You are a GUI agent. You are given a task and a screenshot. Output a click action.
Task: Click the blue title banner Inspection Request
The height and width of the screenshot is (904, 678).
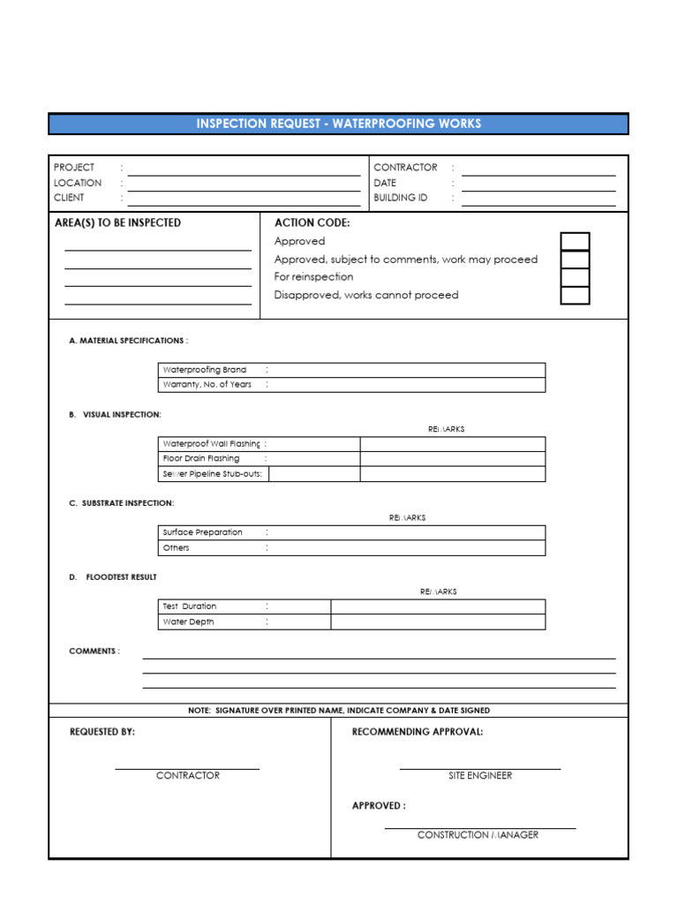click(338, 124)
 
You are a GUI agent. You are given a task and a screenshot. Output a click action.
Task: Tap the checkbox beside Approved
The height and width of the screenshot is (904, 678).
click(575, 242)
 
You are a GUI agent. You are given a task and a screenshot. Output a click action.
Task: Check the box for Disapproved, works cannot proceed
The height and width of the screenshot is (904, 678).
click(575, 296)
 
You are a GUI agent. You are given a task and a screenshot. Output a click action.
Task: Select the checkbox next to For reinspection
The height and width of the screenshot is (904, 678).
click(575, 277)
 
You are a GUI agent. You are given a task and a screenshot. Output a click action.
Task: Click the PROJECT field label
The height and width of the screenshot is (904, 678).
click(74, 168)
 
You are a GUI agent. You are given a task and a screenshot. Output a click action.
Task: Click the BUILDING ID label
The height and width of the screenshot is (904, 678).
click(400, 198)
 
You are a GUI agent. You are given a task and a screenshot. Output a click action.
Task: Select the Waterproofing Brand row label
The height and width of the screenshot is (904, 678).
click(205, 370)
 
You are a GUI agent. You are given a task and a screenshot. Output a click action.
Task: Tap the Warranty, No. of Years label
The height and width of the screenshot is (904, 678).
click(207, 385)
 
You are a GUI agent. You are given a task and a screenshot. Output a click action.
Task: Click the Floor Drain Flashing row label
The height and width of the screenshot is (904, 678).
click(201, 459)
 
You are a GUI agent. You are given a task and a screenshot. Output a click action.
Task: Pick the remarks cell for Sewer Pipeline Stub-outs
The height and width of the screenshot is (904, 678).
click(452, 474)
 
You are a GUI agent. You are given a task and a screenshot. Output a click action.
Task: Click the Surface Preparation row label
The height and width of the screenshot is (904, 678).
click(202, 532)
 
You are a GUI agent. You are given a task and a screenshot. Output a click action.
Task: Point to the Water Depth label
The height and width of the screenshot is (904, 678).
click(188, 621)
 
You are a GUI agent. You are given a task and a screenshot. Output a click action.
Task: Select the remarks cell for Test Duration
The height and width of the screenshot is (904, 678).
click(438, 606)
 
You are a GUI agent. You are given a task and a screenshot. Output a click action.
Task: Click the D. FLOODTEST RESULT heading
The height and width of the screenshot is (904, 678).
click(113, 577)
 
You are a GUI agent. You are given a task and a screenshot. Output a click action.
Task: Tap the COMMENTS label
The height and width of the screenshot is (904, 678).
click(94, 652)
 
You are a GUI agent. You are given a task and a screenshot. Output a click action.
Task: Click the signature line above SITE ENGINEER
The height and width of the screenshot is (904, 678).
click(479, 768)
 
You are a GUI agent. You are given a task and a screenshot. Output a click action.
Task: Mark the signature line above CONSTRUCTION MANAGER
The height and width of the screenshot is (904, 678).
click(479, 827)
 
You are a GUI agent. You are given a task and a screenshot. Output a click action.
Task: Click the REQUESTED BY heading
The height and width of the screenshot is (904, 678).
click(102, 732)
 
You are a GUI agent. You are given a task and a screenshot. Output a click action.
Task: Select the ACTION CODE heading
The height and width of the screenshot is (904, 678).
click(312, 223)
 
